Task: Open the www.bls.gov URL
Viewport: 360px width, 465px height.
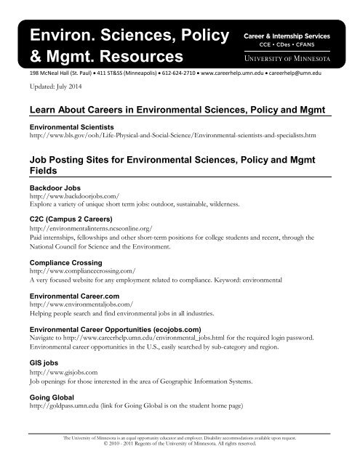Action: click(171, 135)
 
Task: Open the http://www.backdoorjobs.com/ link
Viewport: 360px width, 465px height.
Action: click(71, 197)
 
